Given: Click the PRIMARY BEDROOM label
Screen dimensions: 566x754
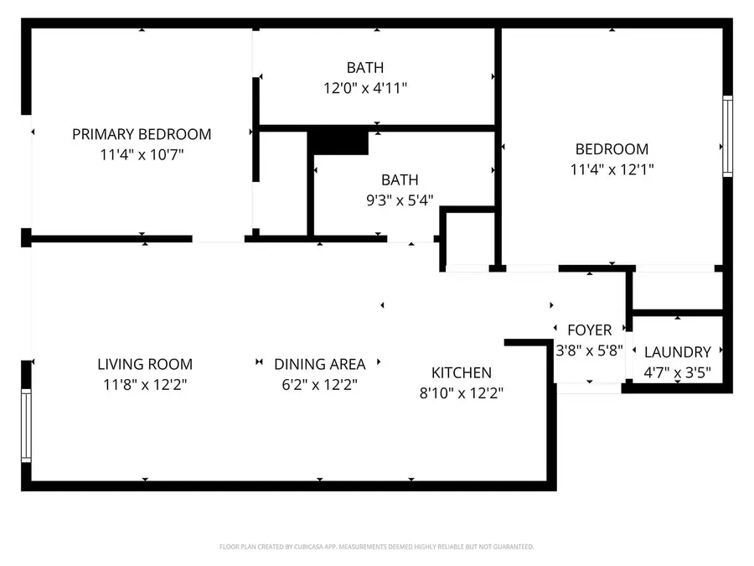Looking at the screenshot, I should (x=142, y=134).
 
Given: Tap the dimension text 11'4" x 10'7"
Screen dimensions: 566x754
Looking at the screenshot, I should (x=142, y=155).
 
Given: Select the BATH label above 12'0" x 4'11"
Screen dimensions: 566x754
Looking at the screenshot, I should (x=365, y=67).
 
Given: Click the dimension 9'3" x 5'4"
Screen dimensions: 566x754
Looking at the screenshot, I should (x=400, y=200).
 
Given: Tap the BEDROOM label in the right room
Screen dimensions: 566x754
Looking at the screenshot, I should (x=612, y=149).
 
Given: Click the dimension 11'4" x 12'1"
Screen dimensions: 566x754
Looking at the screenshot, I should (x=612, y=169).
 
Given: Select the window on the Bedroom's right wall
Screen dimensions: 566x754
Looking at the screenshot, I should (x=727, y=136).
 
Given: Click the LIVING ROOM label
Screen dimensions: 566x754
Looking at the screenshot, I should (x=145, y=364).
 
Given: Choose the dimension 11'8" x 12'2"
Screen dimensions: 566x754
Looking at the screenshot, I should (x=145, y=385).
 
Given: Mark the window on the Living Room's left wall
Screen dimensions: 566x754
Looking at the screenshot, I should (x=26, y=426).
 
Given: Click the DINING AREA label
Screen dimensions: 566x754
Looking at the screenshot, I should (x=320, y=364).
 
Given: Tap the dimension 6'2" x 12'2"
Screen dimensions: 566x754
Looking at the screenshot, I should (x=320, y=385).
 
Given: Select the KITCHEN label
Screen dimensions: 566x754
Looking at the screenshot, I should (x=462, y=372).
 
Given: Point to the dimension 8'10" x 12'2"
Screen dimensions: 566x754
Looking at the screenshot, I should (x=462, y=392).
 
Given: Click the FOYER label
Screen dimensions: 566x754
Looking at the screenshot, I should (x=590, y=330).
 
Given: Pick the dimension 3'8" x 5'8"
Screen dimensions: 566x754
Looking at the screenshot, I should (x=590, y=351).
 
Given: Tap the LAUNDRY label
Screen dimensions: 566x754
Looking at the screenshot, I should (x=678, y=352).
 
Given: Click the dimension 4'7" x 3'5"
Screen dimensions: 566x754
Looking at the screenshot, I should (x=678, y=373).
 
